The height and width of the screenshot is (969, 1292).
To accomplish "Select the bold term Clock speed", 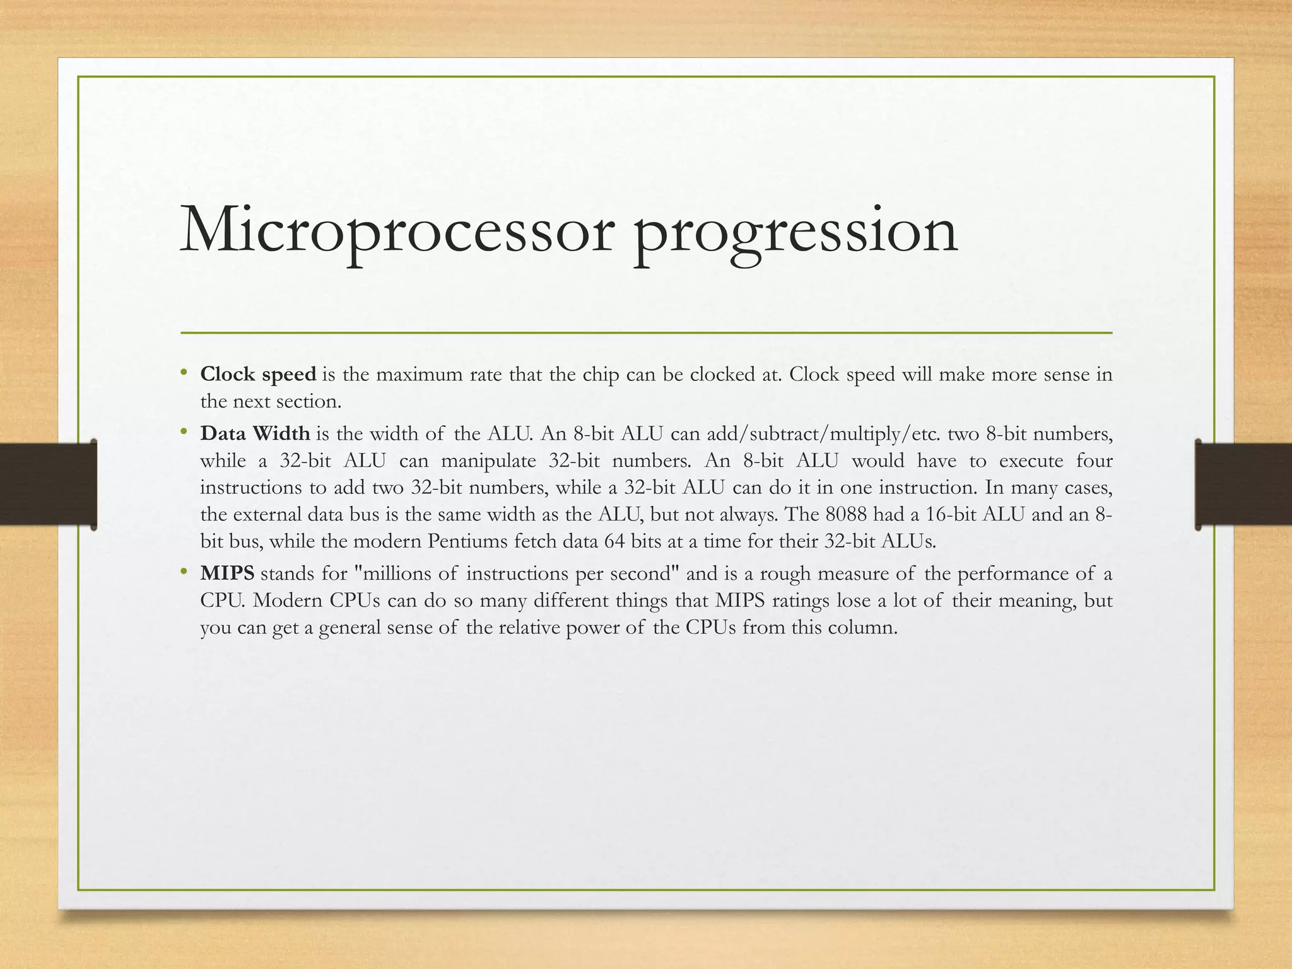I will click(x=258, y=375).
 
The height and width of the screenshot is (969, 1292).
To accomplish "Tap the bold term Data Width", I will click(x=255, y=434).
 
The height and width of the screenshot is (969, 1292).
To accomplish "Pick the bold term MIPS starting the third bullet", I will click(x=227, y=574).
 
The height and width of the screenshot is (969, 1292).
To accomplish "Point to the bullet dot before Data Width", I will click(x=184, y=432).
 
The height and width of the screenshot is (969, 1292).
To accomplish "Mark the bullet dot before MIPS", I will click(x=184, y=572).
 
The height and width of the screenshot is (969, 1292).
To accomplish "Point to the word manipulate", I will click(x=488, y=461).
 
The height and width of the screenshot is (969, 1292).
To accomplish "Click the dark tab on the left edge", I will click(x=48, y=484).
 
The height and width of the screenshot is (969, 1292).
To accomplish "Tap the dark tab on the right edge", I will click(x=1243, y=484).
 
